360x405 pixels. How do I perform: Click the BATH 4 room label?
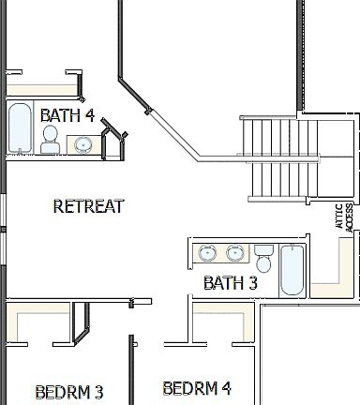point(67,114)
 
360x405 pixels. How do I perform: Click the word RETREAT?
point(88,206)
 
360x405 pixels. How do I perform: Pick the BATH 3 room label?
point(231,282)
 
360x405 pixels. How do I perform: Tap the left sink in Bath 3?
point(207,253)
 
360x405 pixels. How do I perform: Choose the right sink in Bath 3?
point(232,253)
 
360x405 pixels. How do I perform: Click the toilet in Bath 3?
point(263,255)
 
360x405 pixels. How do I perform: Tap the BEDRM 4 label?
point(197,387)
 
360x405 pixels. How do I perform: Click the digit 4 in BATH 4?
point(89,114)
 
